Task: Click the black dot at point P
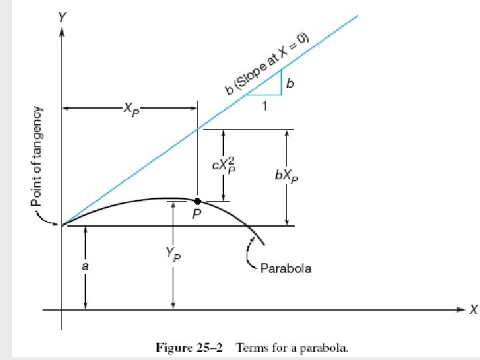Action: tap(197, 201)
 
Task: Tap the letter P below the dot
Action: tap(197, 215)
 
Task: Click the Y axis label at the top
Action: tap(62, 17)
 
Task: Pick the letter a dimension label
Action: tap(85, 266)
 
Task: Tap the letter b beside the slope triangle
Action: tap(290, 83)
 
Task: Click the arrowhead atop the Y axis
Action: tap(62, 33)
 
